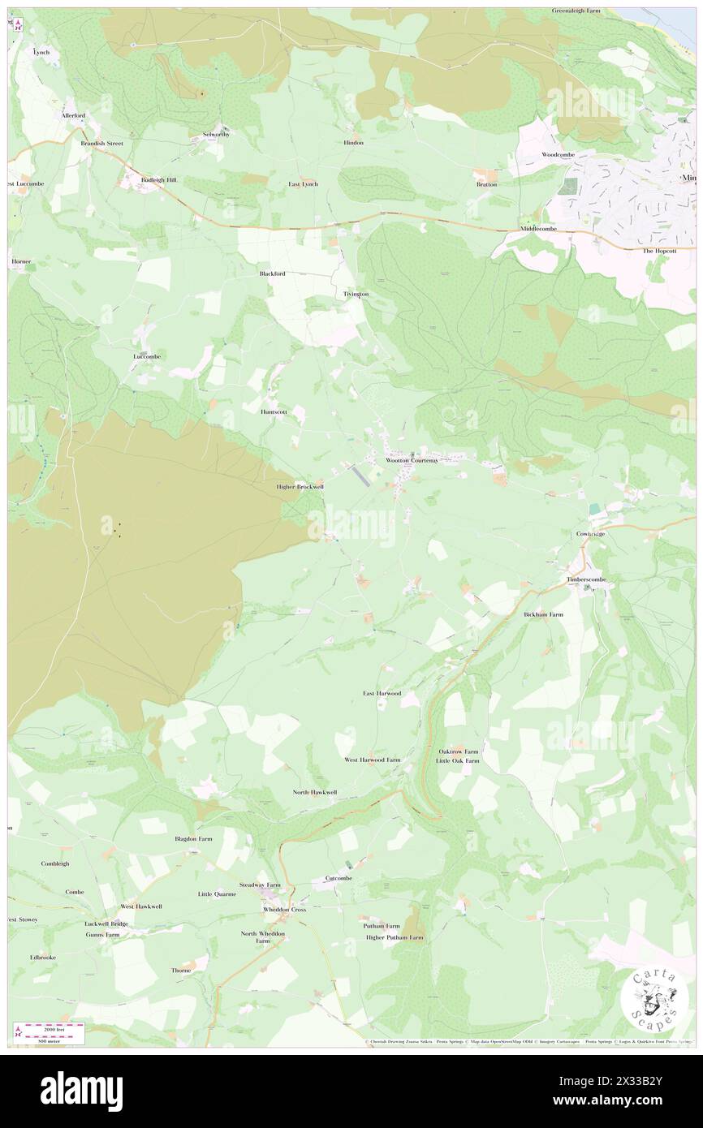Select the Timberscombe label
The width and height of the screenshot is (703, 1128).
click(587, 579)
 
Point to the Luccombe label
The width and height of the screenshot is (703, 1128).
click(147, 356)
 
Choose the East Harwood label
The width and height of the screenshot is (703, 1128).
click(382, 693)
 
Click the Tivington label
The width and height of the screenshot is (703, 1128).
click(356, 293)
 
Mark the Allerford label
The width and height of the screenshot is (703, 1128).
click(74, 116)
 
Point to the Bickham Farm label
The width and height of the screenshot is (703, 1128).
click(543, 614)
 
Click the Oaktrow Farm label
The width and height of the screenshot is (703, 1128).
click(457, 751)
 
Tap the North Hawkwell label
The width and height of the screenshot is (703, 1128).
click(315, 791)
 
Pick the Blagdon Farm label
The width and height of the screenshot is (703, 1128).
click(193, 838)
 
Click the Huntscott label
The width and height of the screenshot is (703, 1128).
click(274, 411)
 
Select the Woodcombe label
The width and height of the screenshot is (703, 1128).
click(559, 154)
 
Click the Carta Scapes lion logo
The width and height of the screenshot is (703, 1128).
click(653, 1001)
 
